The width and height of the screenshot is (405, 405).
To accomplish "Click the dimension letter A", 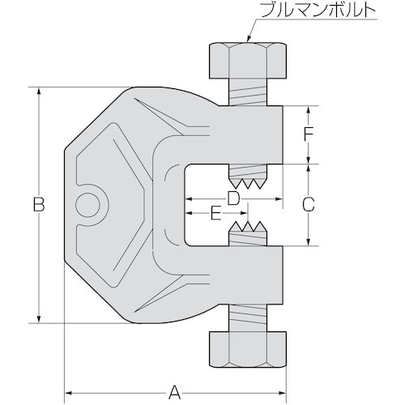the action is pos(174,392).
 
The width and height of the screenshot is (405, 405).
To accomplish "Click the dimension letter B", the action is pos(39,204).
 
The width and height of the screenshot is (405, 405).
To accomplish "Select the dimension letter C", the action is pos(309,204).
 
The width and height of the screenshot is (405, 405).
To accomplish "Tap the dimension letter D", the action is pos(233,198).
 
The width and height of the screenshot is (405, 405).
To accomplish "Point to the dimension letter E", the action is pos(215,213).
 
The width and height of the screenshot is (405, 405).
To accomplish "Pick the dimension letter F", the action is pos(308,134).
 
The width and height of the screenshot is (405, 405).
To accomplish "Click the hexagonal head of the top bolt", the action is pos(248,60).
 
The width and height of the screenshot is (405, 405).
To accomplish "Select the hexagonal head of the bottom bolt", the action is pos(248,350).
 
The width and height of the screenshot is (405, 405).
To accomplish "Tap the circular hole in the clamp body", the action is pos(87,204).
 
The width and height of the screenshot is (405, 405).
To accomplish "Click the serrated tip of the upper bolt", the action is pos(248,182).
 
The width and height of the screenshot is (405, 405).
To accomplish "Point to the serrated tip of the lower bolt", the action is pos(248,228).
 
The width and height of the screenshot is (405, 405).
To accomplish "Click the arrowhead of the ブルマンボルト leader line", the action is pos(249,38).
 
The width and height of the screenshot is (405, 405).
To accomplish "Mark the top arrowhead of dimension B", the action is pos(40,92).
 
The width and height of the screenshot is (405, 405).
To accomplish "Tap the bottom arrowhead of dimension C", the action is pos(309,241).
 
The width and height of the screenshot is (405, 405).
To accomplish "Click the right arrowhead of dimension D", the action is pos(278,199).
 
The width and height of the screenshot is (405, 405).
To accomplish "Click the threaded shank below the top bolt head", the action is pos(248,92).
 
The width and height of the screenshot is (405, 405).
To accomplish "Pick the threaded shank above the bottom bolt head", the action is pos(248,318).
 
